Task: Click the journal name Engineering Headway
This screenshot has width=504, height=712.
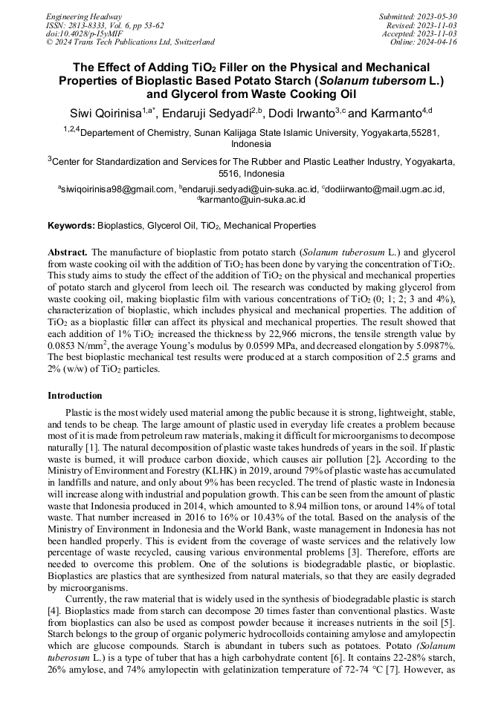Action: click(x=84, y=16)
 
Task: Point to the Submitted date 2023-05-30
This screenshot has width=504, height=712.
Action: click(x=438, y=16)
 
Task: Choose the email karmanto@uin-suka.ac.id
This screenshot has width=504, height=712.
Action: click(x=253, y=200)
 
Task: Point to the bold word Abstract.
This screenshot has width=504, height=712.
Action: click(x=68, y=252)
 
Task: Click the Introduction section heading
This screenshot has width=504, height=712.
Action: click(x=75, y=396)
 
